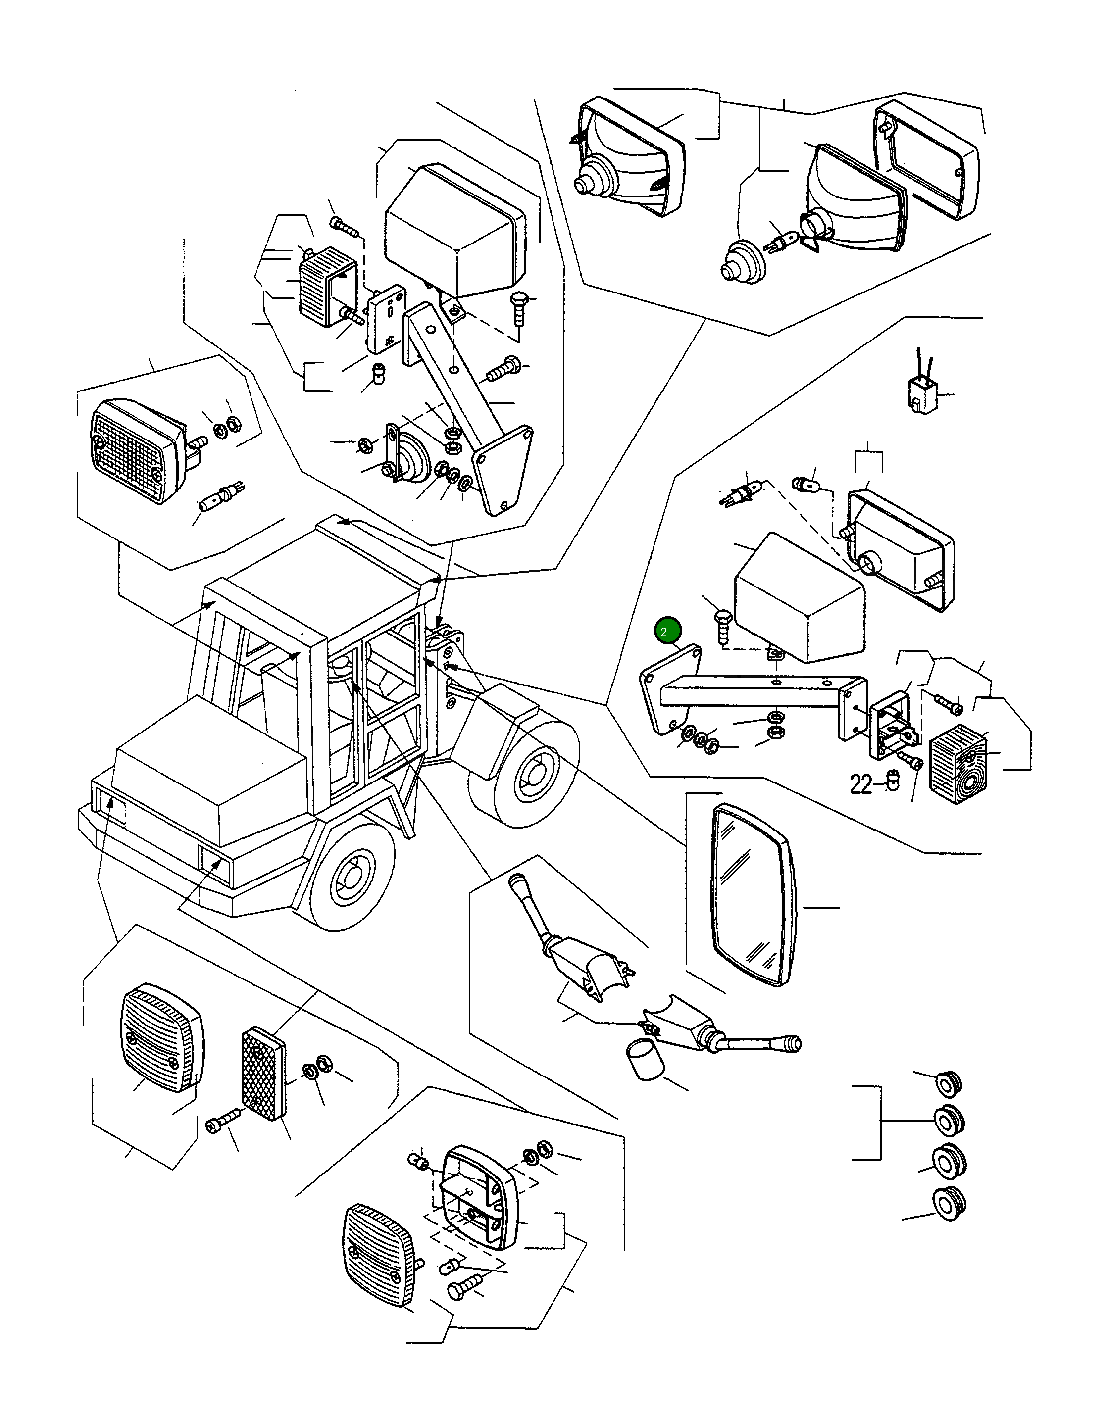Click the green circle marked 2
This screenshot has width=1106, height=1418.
pos(668,631)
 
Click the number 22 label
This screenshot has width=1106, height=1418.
pos(861,784)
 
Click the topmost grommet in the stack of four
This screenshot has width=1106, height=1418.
pos(948,1083)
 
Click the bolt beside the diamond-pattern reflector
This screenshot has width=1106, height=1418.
pos(222,1125)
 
